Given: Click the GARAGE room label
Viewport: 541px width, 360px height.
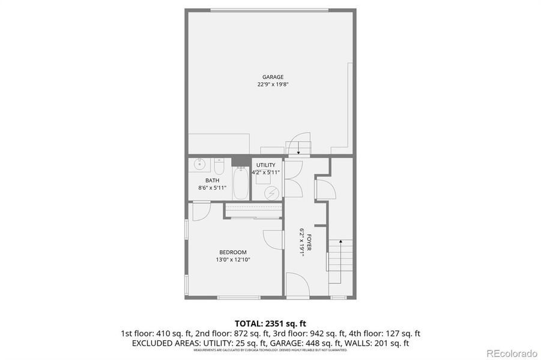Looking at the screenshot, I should pyautogui.click(x=273, y=77).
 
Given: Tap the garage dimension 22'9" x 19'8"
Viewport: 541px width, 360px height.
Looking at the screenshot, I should pyautogui.click(x=273, y=85).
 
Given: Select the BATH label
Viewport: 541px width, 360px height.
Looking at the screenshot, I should pyautogui.click(x=212, y=181).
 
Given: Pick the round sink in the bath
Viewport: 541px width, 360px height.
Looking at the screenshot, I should pyautogui.click(x=199, y=164).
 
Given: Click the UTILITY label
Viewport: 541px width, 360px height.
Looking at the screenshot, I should pyautogui.click(x=266, y=165).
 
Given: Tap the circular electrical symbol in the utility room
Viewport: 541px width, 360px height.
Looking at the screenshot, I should pyautogui.click(x=272, y=193).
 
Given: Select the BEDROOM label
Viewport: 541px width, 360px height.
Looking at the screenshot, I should pyautogui.click(x=232, y=252).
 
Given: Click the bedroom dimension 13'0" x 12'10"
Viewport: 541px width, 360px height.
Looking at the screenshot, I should pyautogui.click(x=232, y=260).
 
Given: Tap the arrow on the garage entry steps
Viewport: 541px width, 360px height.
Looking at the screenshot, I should pyautogui.click(x=295, y=146).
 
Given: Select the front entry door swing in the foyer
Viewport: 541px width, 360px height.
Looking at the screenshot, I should pyautogui.click(x=297, y=284).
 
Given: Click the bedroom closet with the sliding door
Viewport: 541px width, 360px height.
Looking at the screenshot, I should pyautogui.click(x=253, y=211).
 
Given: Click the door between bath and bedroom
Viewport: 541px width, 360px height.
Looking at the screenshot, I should pyautogui.click(x=201, y=210).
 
